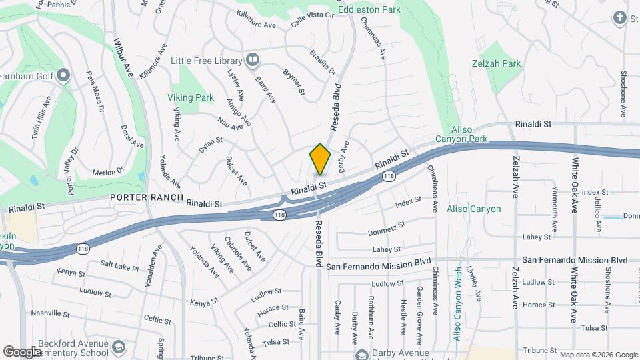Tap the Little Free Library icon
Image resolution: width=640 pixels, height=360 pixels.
coord(252,61)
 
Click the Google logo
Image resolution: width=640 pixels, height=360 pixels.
coord(22,351)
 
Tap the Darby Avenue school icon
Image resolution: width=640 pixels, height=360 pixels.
coord(361,355)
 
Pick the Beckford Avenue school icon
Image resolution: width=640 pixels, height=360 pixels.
coord(118,347)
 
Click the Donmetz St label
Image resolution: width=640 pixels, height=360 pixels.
coord(387,229)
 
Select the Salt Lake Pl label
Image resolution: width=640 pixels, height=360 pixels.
coord(119,266)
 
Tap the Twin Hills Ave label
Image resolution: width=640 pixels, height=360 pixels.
coord(42,119)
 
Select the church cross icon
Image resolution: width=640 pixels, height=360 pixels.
coord(619,18)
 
